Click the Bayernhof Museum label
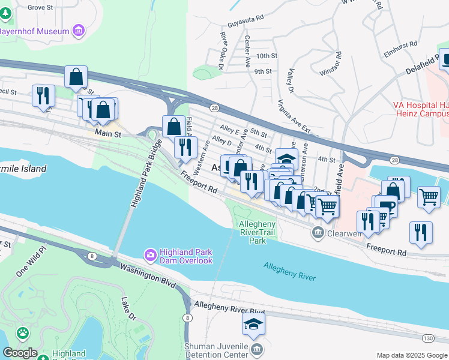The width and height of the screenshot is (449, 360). tap(34, 31)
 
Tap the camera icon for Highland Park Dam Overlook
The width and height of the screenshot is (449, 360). tap(150, 255)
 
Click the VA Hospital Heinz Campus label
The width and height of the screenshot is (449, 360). tap(421, 109)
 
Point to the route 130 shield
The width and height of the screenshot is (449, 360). tap(427, 338)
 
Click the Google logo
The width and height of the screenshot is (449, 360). tap(20, 352)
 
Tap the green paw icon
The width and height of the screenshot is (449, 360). tap(23, 332)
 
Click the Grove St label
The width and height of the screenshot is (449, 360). tap(40, 7)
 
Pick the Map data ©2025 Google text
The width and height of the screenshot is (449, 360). tap(411, 355)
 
